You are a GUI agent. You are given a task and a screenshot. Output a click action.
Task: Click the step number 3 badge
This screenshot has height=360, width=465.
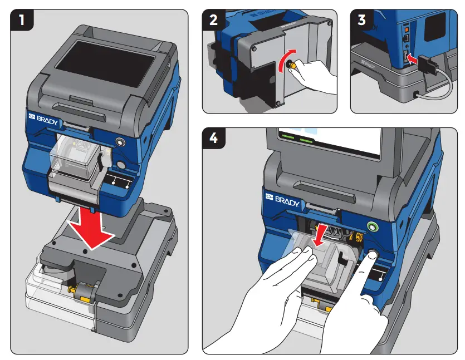pos(362,21)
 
